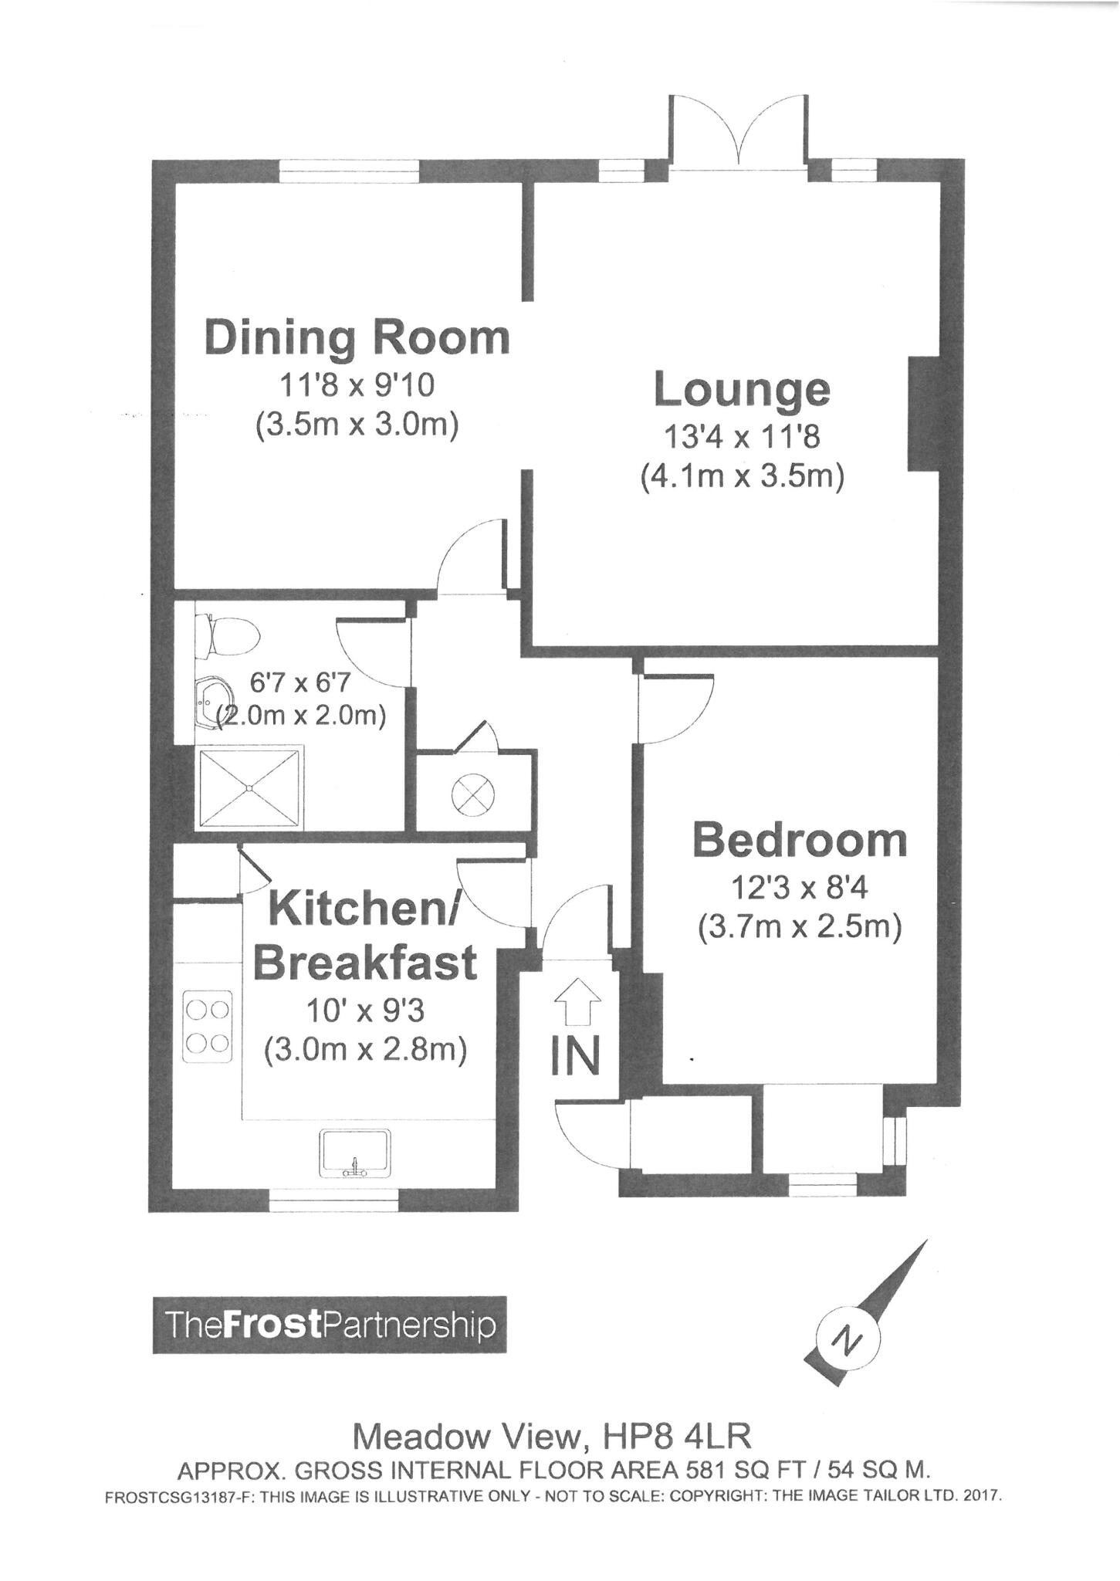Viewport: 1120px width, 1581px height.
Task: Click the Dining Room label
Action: pos(357,339)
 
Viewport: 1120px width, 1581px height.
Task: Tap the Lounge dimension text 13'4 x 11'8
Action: pos(742,438)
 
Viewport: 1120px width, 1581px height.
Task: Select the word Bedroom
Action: pos(800,841)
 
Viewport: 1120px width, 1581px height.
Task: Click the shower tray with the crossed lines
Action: pos(250,787)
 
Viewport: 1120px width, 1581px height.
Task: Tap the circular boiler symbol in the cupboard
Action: pos(473,794)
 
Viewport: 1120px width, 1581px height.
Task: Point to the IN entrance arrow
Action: pos(577,1002)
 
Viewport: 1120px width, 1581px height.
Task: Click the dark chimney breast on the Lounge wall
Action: pos(922,413)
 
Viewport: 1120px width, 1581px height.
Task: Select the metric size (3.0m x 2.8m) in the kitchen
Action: pos(365,1051)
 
